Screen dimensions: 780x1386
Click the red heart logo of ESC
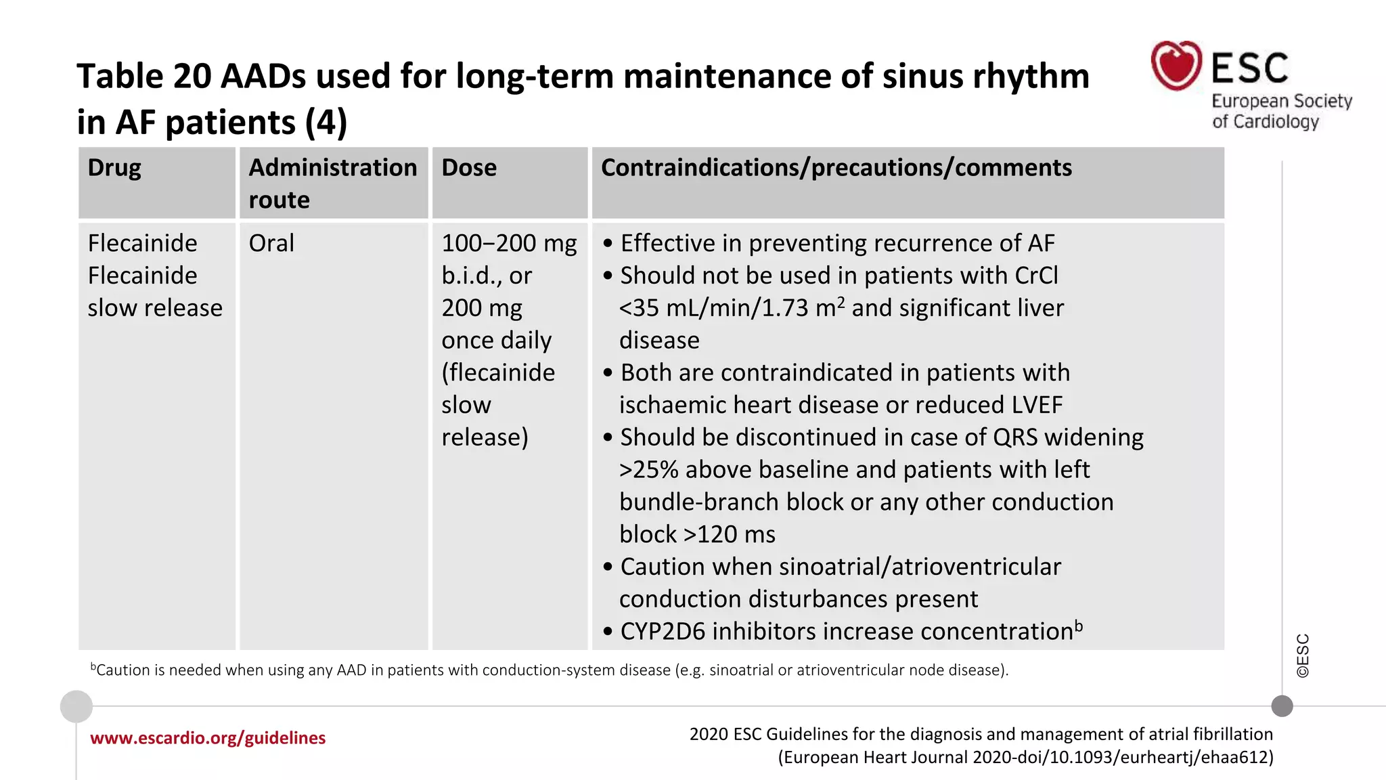coord(1176,66)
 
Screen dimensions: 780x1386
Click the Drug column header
coord(114,168)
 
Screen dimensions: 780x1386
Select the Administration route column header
coord(332,183)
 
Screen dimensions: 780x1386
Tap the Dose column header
coord(469,168)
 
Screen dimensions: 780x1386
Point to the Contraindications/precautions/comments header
coord(836,168)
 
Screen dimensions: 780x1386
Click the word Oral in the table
coord(271,243)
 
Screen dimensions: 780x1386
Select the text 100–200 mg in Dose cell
coord(509,243)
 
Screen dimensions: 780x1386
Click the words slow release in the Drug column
coord(155,308)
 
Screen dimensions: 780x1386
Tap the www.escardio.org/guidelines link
coord(208,738)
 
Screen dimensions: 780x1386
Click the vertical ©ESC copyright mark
coord(1303,655)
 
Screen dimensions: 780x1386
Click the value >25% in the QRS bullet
coord(648,470)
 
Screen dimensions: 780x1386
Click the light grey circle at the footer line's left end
coord(76,707)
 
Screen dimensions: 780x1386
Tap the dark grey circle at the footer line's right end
coord(1282,706)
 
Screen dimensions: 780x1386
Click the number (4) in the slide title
coord(326,123)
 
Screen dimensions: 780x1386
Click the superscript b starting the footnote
coord(93,667)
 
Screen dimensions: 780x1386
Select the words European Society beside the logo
coord(1281,101)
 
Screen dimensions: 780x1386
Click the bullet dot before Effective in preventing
coord(608,244)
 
